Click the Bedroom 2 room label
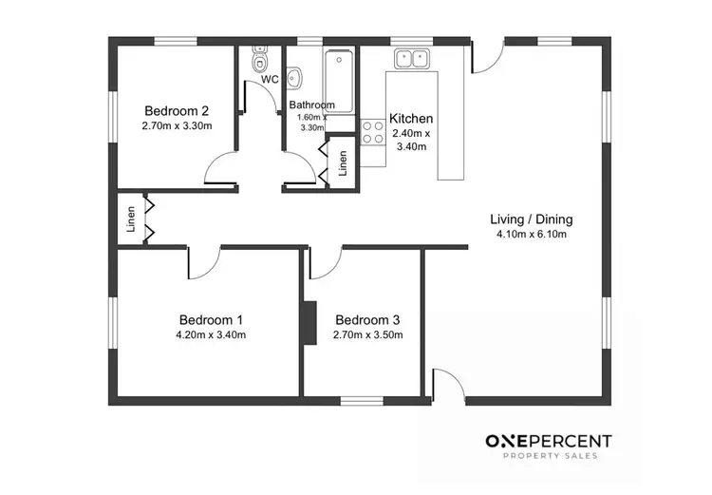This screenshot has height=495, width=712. [x=177, y=109]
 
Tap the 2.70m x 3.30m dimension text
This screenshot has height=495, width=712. [x=177, y=125]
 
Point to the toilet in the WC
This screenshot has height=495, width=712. [x=259, y=62]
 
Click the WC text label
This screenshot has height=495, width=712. [x=270, y=80]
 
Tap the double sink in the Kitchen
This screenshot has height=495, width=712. [x=412, y=59]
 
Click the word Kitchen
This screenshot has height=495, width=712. [x=411, y=119]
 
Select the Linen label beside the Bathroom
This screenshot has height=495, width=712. [x=343, y=161]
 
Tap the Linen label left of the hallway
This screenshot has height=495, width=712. [x=131, y=220]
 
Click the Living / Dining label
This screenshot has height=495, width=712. [x=531, y=219]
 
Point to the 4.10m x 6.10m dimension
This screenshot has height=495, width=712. [x=531, y=235]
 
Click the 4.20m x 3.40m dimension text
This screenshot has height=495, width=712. [x=211, y=335]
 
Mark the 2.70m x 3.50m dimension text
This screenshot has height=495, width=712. [x=367, y=335]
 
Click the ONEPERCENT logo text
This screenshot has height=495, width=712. [x=549, y=441]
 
